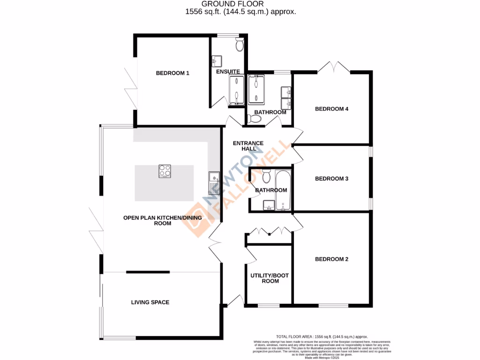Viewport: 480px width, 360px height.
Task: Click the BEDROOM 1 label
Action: tap(172, 73)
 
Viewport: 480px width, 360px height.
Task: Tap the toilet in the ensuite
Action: tap(240, 45)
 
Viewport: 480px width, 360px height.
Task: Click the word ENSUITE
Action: tap(228, 72)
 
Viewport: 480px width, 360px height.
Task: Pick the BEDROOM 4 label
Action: tap(331, 109)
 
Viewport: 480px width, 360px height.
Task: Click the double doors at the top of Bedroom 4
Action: tap(334, 67)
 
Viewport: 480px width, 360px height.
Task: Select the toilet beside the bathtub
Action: tap(266, 177)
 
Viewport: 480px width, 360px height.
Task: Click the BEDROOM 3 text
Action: tap(331, 179)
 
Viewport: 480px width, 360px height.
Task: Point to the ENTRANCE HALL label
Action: tap(248, 146)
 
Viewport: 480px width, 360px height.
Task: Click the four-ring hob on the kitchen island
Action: tap(165, 171)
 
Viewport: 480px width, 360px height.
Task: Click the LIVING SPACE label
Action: tap(150, 302)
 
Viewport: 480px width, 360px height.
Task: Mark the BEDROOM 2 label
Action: tap(331, 259)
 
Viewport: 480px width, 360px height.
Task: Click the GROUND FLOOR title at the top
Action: tap(240, 4)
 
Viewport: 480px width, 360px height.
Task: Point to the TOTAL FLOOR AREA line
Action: tap(322, 337)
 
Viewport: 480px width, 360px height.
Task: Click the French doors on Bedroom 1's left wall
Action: tap(130, 80)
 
